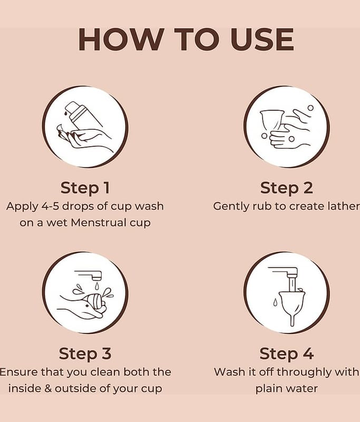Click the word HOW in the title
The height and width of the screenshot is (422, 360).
pos(121,39)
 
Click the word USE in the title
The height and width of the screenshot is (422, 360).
pos(262,39)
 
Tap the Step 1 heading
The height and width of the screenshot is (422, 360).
pos(85,188)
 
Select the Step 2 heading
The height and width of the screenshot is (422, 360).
pos(287,188)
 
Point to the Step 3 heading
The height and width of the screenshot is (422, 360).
pos(85,354)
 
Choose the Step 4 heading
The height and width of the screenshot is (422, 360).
pos(287,354)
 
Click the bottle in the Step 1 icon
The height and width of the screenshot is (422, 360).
pos(81,115)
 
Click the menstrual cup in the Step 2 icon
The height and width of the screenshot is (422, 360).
pos(271,121)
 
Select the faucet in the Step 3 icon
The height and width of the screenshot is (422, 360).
pos(89,275)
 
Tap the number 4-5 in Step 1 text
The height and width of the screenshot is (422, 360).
pos(50,206)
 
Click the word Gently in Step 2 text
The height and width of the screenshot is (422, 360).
pos(231,207)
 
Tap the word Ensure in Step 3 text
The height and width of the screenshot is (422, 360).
pos(18,372)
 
